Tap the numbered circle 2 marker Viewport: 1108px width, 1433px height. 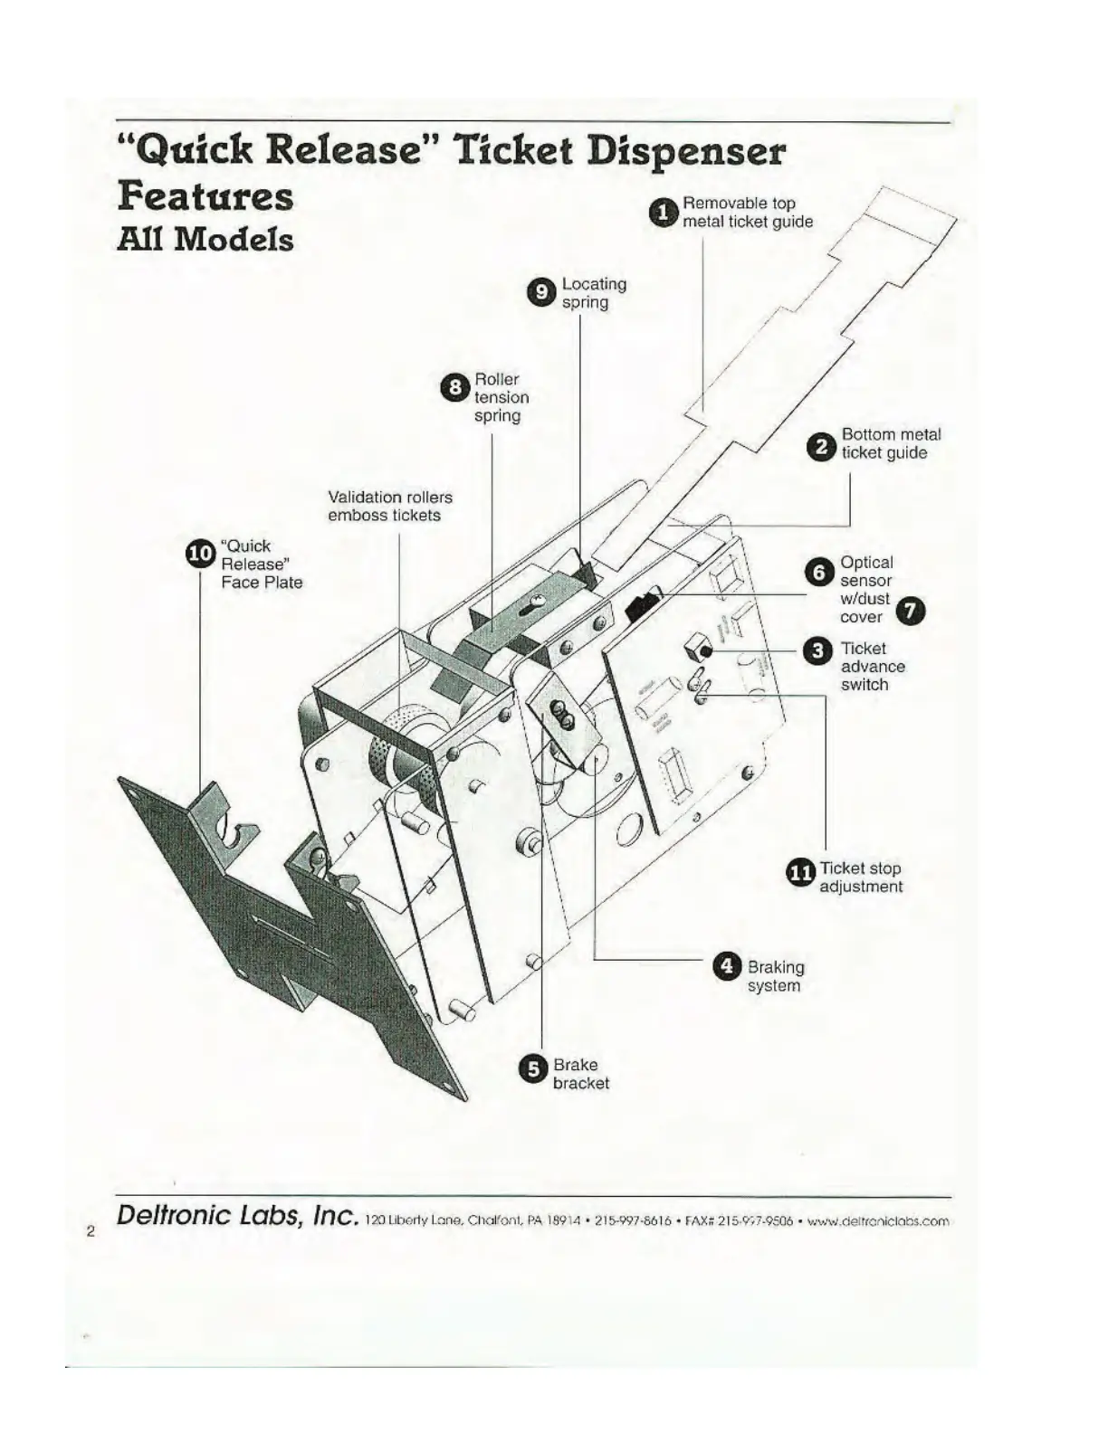coord(822,446)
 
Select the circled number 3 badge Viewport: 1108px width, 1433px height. coord(818,650)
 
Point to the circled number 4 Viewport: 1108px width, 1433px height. coord(728,967)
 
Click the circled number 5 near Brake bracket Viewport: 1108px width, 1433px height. coord(534,1068)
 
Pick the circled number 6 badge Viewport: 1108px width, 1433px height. coord(819,572)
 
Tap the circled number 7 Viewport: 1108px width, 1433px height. coord(912,612)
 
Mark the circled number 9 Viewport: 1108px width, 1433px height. coord(541,292)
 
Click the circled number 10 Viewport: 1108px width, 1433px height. coord(200,553)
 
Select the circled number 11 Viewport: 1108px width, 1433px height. coord(800,872)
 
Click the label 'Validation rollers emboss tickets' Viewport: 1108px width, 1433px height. coord(389,507)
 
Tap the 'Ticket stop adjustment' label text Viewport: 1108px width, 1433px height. coord(861,878)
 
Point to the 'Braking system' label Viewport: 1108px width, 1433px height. coord(775,976)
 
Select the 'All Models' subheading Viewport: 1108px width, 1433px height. coord(205,240)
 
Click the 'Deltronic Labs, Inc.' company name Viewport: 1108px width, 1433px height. coord(238,1215)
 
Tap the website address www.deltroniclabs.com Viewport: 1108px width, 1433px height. coord(878,1220)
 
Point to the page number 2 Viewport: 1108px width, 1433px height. coord(91,1230)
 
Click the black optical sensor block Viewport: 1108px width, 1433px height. coord(643,604)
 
